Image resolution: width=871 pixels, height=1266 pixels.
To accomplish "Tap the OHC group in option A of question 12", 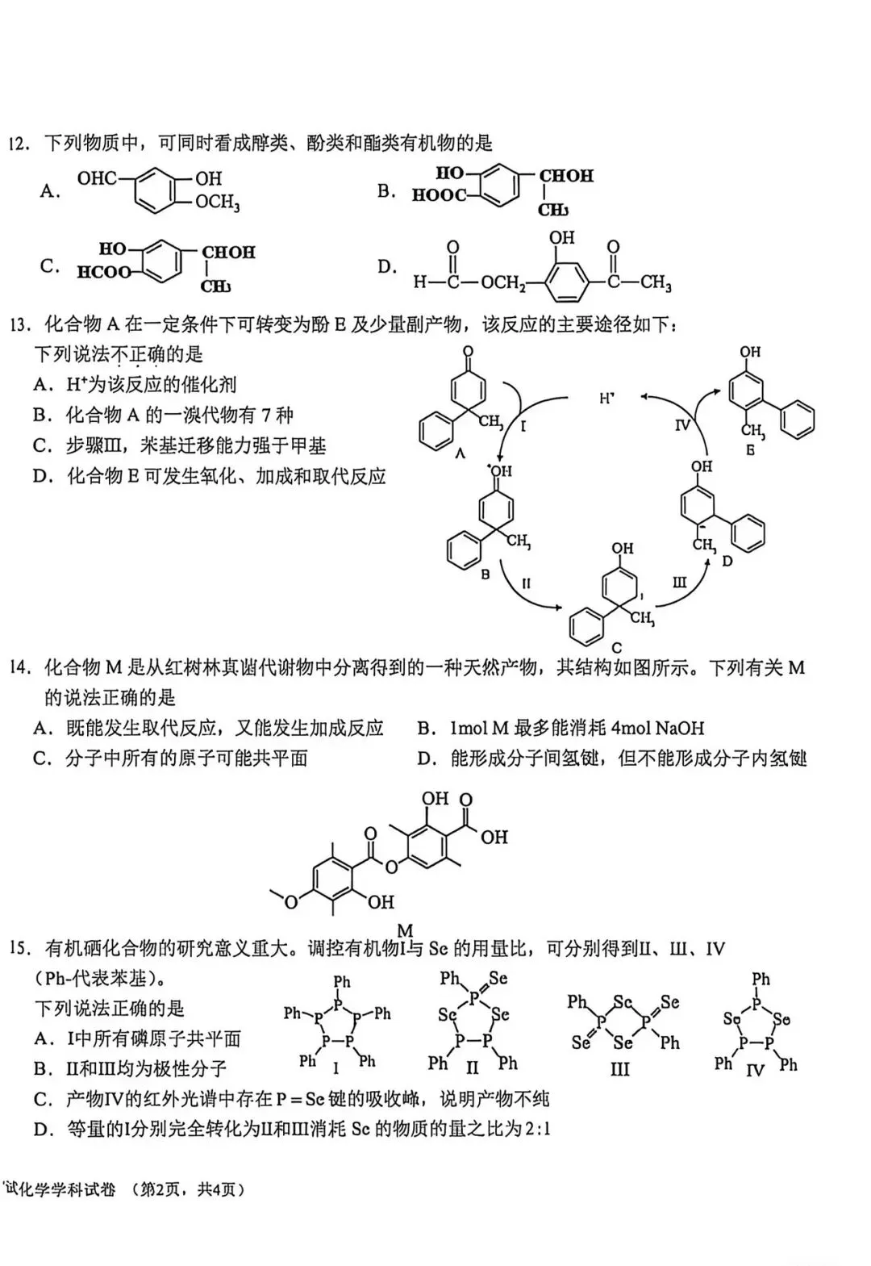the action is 97,178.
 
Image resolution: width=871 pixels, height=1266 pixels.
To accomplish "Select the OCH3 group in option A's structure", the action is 218,203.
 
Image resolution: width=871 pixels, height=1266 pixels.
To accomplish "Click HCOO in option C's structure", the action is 104,273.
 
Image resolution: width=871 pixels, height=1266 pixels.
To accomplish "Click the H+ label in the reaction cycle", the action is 606,398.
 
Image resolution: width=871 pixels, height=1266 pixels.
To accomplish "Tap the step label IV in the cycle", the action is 683,424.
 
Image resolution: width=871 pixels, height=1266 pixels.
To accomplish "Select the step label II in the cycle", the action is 526,583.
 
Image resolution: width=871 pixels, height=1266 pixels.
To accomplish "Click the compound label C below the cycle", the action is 616,648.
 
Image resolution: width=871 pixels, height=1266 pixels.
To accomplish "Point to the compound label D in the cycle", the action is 727,562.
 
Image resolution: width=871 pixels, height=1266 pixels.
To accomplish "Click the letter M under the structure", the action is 406,930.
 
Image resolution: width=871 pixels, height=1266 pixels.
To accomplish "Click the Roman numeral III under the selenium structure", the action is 619,1069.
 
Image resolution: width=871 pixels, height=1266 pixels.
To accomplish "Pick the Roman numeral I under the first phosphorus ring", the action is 336,1068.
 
